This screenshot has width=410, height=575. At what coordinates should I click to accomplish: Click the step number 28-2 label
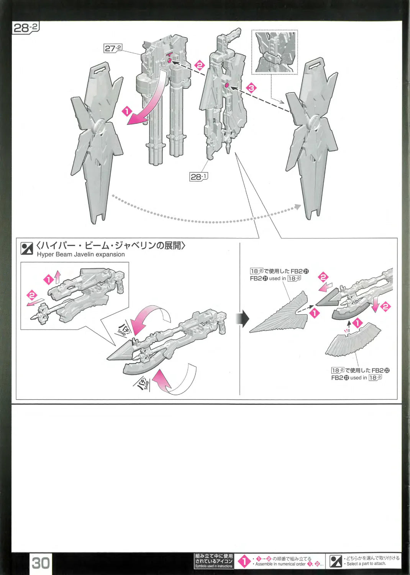(26, 28)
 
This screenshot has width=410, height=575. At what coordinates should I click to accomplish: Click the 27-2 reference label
(113, 48)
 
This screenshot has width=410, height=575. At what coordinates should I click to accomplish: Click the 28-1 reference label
(198, 176)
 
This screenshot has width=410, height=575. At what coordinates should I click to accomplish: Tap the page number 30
(41, 563)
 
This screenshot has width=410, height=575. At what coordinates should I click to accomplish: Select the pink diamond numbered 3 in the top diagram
(251, 88)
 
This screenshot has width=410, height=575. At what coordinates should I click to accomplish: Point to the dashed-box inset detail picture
(274, 53)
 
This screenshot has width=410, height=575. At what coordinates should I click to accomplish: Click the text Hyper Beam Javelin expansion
(81, 255)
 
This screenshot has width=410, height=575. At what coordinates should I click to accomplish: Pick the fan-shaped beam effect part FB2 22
(353, 339)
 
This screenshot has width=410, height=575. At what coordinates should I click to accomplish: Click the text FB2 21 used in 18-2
(276, 278)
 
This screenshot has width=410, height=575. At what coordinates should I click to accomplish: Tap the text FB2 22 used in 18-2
(357, 378)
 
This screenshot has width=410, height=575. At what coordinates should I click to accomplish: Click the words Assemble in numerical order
(280, 564)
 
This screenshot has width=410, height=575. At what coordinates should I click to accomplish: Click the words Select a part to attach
(366, 564)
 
